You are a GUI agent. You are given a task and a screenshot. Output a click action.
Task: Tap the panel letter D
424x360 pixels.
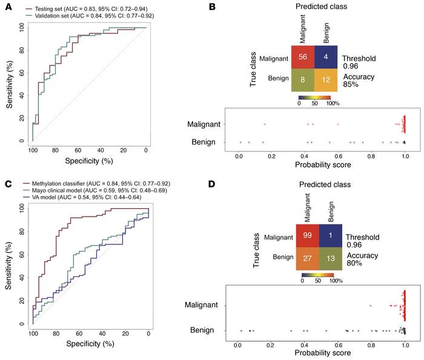point(220,185)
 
